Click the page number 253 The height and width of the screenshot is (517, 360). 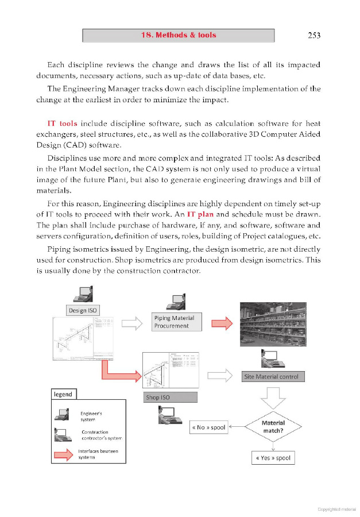coord(313,36)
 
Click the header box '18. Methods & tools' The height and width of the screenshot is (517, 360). coord(179,36)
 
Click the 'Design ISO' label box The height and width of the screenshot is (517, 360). coord(83,310)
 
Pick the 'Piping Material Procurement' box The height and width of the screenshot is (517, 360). coord(177,322)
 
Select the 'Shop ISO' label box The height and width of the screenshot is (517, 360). coord(170,398)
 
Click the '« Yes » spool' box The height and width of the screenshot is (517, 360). coord(272,458)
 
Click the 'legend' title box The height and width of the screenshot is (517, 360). coord(63,394)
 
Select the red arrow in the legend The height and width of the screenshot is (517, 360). coord(64,455)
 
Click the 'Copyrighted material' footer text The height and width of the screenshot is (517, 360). coord(336,508)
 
